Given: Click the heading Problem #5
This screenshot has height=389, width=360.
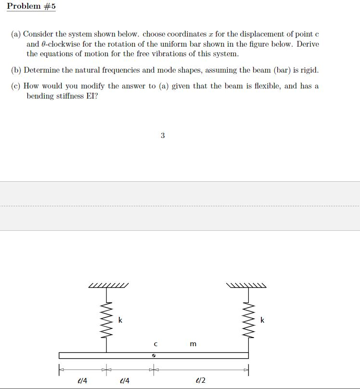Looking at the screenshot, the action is pos(31,7).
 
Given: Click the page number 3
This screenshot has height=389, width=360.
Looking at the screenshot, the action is pos(163,136).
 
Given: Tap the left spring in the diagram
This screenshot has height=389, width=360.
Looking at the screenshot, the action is pos(107,320).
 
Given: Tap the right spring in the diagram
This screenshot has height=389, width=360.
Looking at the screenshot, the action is pos(248,320).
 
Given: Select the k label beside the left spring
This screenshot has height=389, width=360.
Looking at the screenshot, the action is pos(120,320).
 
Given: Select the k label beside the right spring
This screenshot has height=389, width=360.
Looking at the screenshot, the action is pos(262,320).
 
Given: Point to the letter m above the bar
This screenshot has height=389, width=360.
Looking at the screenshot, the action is pos(193,344).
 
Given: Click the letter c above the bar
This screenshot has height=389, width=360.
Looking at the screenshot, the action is pos(155,344).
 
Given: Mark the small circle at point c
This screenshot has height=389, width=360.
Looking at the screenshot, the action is pos(154,356).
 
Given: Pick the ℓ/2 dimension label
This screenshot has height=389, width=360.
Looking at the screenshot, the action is pos(201,380).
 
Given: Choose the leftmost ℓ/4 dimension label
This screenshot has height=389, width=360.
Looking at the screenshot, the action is pos(82,380).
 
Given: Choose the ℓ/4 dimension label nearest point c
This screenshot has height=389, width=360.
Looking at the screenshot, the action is pos(124,380).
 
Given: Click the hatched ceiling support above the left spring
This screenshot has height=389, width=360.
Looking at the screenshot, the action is pos(109,286).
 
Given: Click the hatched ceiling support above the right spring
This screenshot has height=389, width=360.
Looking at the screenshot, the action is pos(248,286).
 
